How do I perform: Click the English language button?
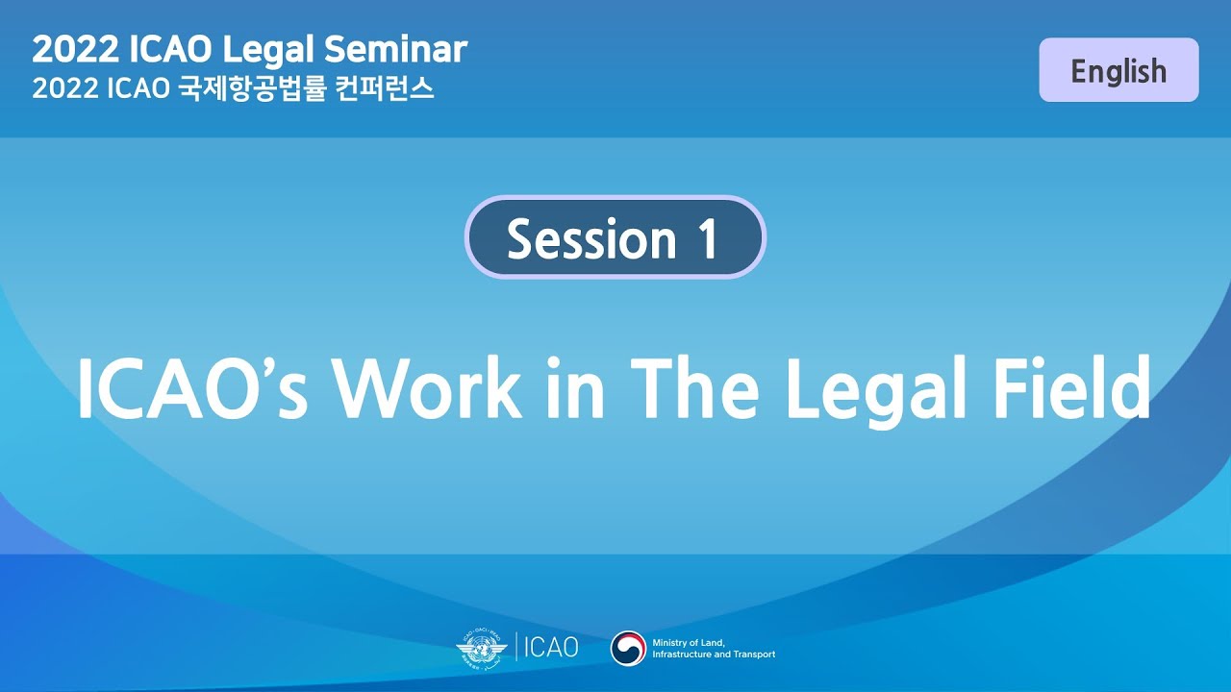1118,70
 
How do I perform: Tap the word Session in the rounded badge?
591,238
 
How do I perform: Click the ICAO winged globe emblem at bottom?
481,647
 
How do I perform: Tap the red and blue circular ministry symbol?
628,648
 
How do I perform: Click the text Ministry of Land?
688,642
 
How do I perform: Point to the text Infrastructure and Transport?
713,655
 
